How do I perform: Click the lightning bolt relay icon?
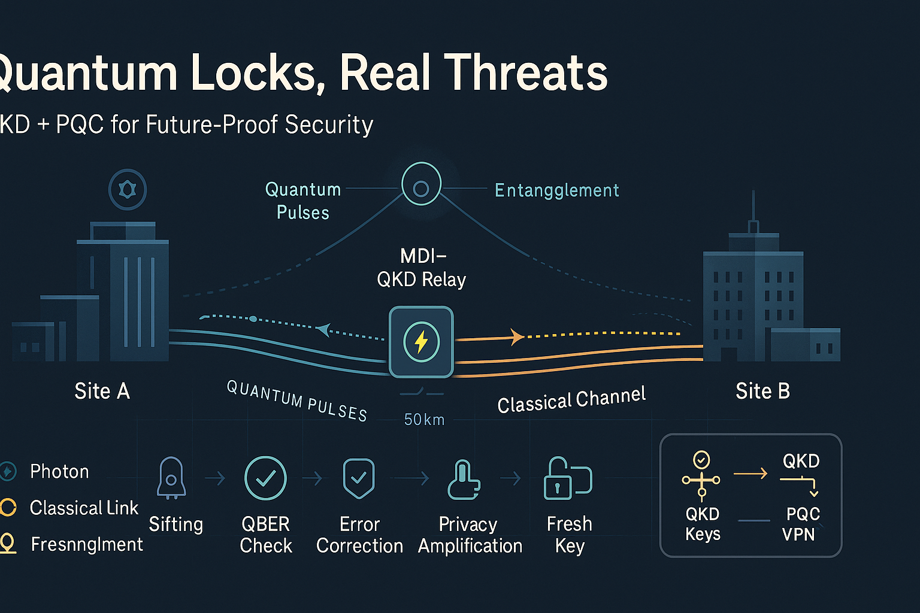click(x=421, y=342)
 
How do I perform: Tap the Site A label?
click(x=102, y=391)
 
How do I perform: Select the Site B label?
click(x=762, y=391)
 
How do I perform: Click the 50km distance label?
click(x=424, y=420)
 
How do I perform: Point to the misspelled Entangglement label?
click(x=556, y=190)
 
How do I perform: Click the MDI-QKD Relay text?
click(x=422, y=268)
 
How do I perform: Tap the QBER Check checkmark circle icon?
click(x=265, y=478)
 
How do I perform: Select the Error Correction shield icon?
click(x=358, y=478)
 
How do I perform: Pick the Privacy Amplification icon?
click(x=464, y=479)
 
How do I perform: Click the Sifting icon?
click(x=171, y=478)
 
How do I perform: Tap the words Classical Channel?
click(x=571, y=399)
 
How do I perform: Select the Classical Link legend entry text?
click(x=84, y=508)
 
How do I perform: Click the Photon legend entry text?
click(x=59, y=472)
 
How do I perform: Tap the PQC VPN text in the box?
click(x=801, y=524)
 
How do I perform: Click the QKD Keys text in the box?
click(x=703, y=524)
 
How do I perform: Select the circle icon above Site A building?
click(x=128, y=190)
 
